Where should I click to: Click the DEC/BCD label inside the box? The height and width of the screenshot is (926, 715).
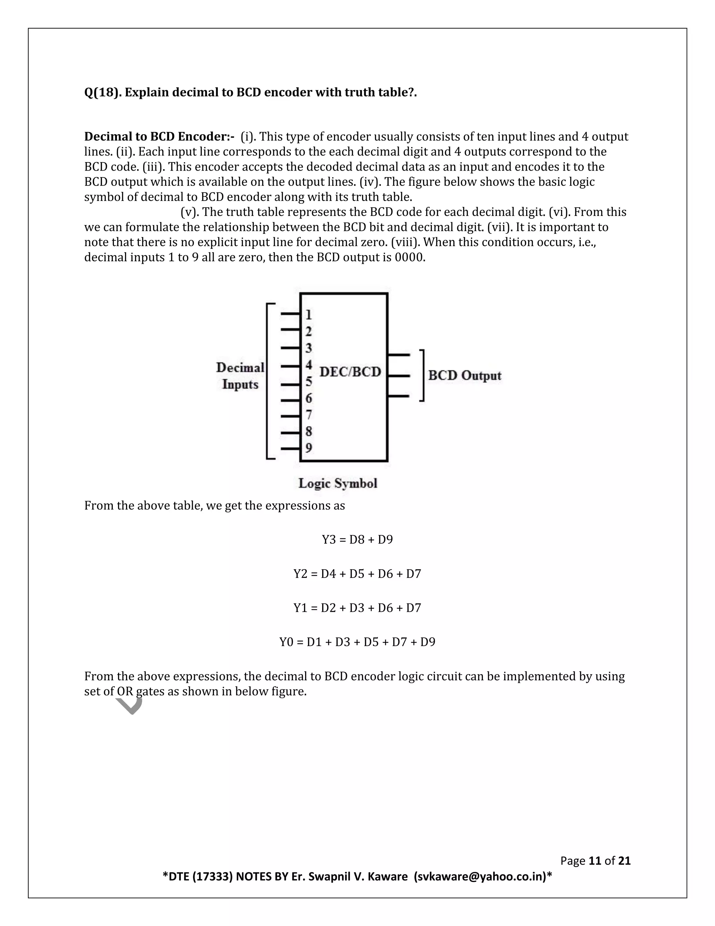coord(350,372)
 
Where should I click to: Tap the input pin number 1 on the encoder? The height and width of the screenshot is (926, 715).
coord(309,314)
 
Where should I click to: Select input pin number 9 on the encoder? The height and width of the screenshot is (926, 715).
coord(309,448)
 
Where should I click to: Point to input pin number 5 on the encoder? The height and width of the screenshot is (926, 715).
coord(309,382)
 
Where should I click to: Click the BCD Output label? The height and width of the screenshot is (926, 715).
coord(465,376)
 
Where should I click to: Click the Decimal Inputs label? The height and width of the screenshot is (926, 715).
coord(240,376)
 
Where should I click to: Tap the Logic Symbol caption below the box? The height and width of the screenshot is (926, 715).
coord(338,483)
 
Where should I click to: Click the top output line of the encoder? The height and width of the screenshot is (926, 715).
coord(399,354)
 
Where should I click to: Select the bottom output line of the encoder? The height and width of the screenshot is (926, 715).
coord(399,396)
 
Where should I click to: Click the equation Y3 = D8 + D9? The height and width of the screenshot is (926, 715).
coord(357,540)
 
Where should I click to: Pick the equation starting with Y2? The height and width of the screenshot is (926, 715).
coord(357,574)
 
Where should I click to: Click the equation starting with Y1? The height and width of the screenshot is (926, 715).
coord(357,608)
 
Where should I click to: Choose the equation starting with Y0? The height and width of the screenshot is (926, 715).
coord(357,642)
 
